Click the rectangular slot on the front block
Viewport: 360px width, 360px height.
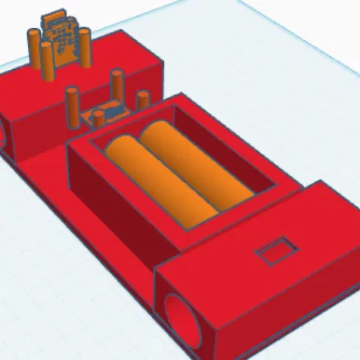pos(276,251)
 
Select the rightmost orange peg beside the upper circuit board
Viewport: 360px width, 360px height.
pos(85,46)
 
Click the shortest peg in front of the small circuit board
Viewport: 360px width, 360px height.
pos(98,120)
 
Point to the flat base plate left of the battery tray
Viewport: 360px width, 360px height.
pos(47,173)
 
